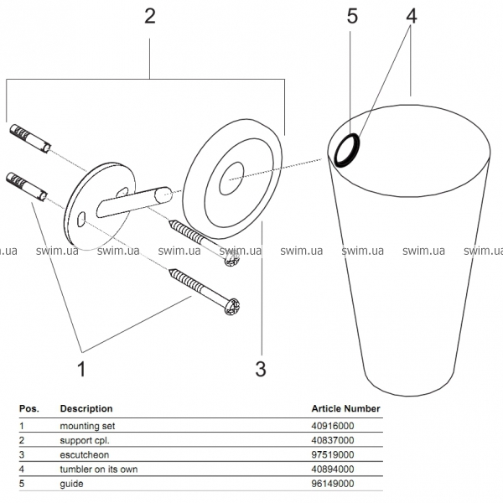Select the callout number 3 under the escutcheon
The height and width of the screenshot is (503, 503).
click(x=261, y=367)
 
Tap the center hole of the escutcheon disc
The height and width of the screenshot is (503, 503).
click(x=232, y=175)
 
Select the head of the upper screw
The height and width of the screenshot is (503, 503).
click(x=231, y=260)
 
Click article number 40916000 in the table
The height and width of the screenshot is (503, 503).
click(x=333, y=425)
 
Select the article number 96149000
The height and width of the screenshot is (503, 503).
click(x=333, y=484)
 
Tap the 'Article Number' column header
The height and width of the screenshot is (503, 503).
click(x=345, y=409)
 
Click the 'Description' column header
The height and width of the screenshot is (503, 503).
click(x=86, y=409)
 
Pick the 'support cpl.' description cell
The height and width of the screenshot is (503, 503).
click(x=86, y=440)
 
